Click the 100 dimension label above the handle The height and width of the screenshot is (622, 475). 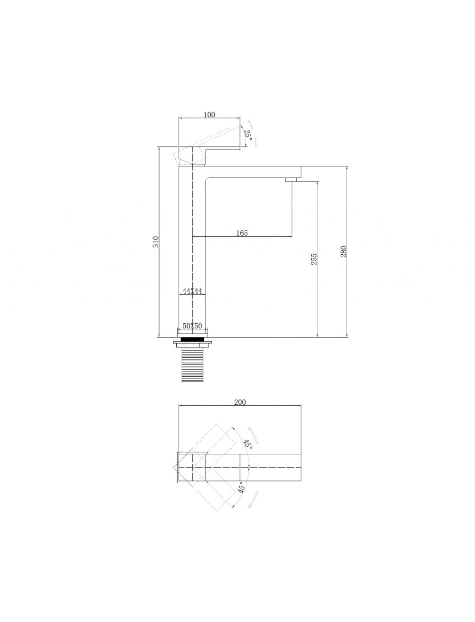coord(209,115)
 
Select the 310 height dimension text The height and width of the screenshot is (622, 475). coord(156,241)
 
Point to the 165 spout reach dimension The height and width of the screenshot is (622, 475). coord(242,233)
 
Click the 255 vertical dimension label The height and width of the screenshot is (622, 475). coord(313,259)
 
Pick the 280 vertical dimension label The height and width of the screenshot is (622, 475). coord(343,252)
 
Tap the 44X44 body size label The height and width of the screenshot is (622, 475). coord(192,291)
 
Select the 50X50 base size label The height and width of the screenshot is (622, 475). coord(192,326)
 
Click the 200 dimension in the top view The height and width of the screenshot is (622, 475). coord(240,402)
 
